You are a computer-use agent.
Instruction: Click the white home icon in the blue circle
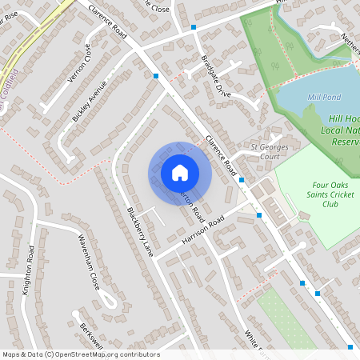[x=180, y=173]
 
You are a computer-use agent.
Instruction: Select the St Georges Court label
[x=274, y=151]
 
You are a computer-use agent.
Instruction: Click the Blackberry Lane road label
[x=139, y=232]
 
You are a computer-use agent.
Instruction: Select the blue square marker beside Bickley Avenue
[x=156, y=76]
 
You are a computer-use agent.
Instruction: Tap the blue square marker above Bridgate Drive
[x=194, y=27]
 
